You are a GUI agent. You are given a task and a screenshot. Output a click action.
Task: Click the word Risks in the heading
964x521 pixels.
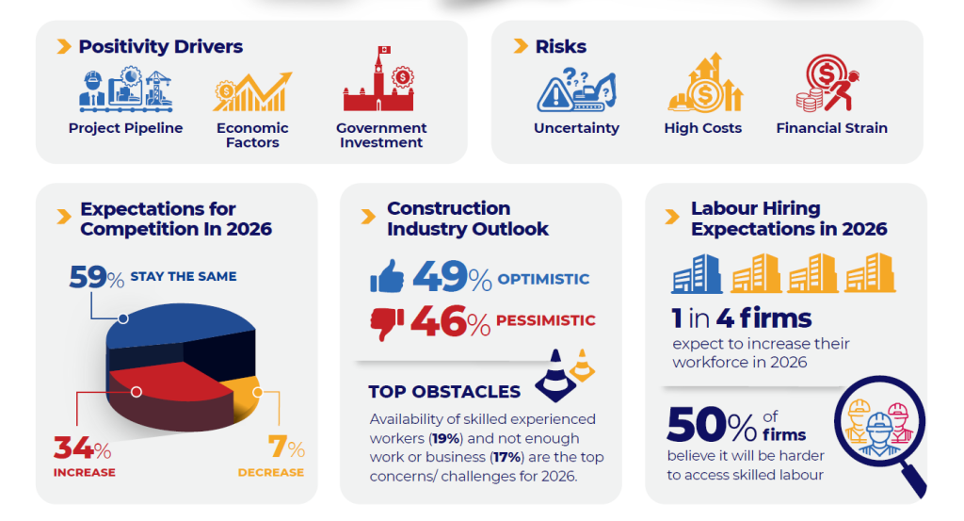[x=561, y=46]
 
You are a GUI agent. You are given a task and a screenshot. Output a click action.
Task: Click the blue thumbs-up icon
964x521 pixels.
[x=387, y=277]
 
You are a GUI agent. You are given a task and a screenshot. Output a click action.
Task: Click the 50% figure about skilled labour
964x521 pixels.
[x=711, y=426]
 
